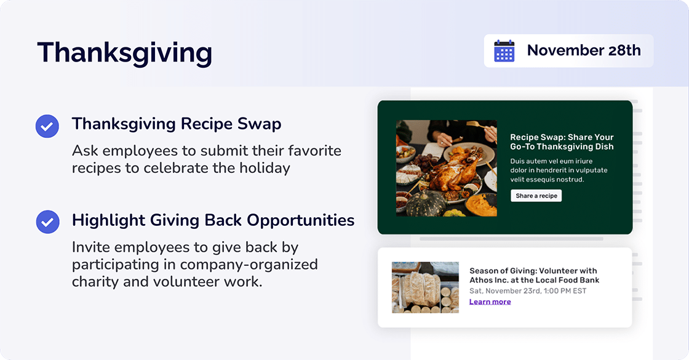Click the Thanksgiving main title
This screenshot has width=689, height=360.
(124, 53)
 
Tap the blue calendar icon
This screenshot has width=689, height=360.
(504, 51)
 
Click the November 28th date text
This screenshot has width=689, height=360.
(583, 50)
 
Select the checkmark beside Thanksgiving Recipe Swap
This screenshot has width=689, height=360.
(47, 126)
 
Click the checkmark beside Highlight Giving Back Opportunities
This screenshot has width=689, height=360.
(47, 222)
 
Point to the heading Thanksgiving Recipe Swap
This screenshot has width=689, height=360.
(177, 124)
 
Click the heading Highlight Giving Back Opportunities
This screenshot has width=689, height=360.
(213, 220)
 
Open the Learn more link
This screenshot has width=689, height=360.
(490, 302)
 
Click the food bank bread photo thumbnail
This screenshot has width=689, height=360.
(425, 287)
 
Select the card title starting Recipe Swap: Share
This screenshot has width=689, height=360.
(562, 142)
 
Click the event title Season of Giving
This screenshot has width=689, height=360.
(533, 275)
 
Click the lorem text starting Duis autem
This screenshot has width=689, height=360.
(559, 170)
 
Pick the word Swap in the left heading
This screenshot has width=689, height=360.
(260, 124)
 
